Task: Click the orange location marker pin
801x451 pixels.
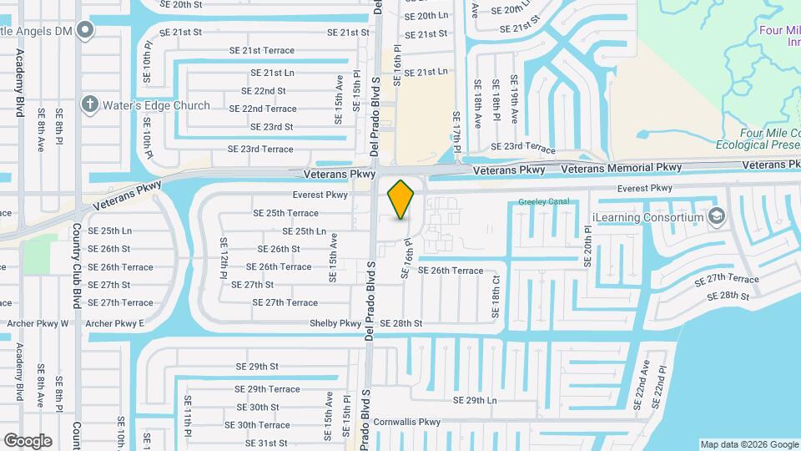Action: [x=401, y=199]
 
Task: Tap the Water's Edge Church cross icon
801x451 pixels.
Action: [x=89, y=105]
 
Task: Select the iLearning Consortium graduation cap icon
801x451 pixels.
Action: [x=716, y=217]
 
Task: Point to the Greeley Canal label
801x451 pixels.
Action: [x=543, y=202]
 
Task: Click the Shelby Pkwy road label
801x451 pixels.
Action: [x=335, y=323]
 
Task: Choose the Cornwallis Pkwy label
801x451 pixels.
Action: [x=406, y=422]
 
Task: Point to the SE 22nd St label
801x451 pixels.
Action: [x=264, y=91]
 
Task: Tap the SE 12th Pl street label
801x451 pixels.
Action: [x=224, y=258]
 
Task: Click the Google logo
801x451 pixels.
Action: [x=28, y=441]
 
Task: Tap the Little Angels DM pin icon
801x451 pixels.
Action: [x=84, y=32]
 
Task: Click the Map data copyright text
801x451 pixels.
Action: [x=748, y=444]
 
